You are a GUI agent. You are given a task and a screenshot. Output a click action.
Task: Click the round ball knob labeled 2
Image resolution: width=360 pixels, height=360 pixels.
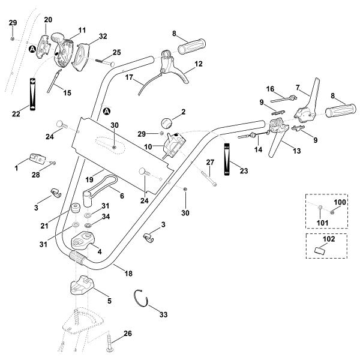click(x=167, y=123)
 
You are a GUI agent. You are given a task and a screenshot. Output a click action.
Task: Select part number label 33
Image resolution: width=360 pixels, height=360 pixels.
click(x=163, y=314)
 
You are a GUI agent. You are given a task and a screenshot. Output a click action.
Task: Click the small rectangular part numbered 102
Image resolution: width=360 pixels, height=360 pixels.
click(x=319, y=250)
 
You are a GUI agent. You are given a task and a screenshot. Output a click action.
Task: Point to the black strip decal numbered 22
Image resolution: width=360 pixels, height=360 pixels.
click(x=32, y=94)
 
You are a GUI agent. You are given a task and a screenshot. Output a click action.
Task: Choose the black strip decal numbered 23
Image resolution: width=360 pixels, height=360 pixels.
click(x=227, y=159)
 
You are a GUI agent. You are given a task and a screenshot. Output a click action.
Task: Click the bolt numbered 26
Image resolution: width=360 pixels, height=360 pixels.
click(x=109, y=342)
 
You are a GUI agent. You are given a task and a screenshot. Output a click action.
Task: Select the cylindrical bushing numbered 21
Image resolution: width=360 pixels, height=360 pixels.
click(x=76, y=208)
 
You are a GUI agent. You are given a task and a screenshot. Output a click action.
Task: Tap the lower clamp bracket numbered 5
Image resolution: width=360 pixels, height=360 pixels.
click(x=82, y=284)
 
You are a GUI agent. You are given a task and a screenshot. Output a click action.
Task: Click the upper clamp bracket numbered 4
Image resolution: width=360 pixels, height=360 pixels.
click(x=83, y=240)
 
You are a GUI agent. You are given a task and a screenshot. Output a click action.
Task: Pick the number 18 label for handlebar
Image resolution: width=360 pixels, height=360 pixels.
click(x=128, y=273)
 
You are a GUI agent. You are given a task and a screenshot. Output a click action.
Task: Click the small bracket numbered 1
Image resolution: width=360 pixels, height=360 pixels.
click(x=38, y=158)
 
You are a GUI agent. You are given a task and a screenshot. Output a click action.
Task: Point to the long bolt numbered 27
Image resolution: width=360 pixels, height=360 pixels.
click(x=209, y=179)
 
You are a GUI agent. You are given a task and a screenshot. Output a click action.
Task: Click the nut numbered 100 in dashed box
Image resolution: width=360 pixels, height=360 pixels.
click(x=332, y=213)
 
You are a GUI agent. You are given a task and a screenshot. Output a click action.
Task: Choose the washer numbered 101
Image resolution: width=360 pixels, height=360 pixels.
click(x=320, y=208)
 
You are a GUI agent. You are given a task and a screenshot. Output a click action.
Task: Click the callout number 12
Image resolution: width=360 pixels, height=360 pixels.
click(x=199, y=64)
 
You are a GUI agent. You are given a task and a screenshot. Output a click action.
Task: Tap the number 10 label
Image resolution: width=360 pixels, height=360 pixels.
click(x=148, y=147)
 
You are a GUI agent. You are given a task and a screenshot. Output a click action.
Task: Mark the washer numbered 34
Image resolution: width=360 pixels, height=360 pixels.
click(x=88, y=225)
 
